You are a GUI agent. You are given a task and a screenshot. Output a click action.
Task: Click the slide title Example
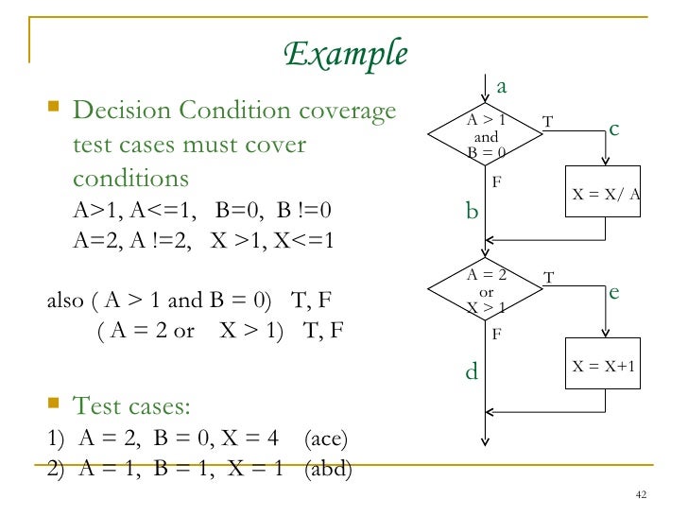click(x=346, y=54)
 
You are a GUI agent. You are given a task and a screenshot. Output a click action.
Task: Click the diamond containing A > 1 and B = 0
click(x=486, y=136)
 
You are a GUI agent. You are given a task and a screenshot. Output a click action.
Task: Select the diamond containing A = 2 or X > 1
click(x=486, y=292)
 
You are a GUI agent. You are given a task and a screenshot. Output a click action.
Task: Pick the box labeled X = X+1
click(x=605, y=364)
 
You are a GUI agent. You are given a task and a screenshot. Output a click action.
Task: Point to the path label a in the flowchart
click(x=502, y=87)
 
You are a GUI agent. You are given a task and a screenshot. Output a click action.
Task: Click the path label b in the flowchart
click(x=473, y=212)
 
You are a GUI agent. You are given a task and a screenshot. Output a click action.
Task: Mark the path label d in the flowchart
click(x=473, y=372)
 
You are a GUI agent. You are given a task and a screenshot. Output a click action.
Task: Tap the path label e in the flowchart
click(x=613, y=293)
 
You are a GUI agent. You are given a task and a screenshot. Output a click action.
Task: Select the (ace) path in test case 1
click(x=327, y=439)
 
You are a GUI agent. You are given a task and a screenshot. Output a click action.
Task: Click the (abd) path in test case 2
click(x=328, y=470)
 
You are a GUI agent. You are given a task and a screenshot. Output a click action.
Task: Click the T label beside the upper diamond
click(x=548, y=121)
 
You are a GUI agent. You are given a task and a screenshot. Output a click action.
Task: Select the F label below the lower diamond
click(x=496, y=334)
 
